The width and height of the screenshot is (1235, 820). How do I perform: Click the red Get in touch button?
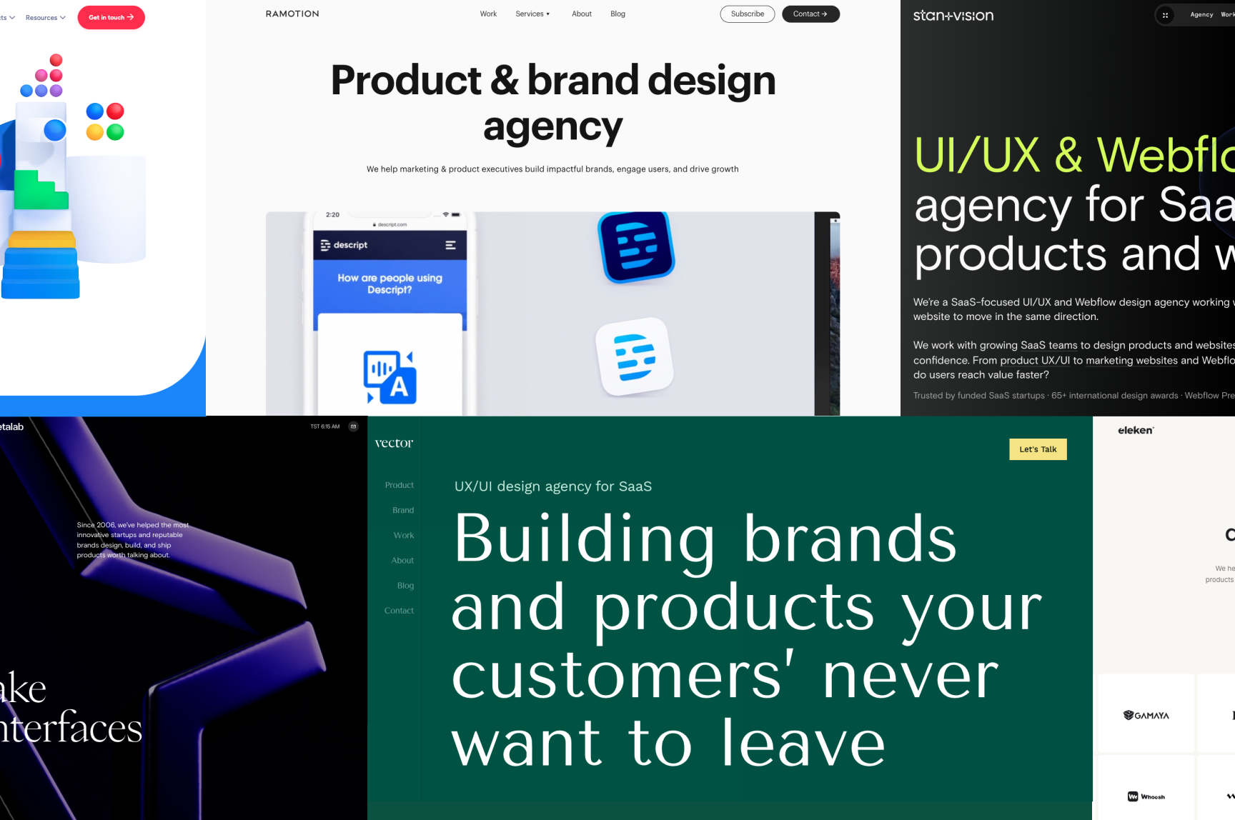[x=111, y=17]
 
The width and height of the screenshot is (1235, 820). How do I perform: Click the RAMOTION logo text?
[x=292, y=14]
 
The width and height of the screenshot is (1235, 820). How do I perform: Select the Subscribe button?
[x=747, y=14]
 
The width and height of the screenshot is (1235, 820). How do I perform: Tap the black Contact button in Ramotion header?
[x=810, y=14]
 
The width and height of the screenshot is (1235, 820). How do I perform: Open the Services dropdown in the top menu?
[x=532, y=14]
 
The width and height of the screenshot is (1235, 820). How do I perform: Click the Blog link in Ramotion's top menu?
[x=617, y=14]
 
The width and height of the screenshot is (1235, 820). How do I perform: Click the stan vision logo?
[x=953, y=16]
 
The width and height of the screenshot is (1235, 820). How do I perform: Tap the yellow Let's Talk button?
[x=1037, y=449]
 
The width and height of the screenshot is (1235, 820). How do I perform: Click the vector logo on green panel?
[x=394, y=443]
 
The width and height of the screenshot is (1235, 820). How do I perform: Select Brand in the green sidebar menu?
[x=403, y=510]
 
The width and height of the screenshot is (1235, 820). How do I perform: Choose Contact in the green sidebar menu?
[x=399, y=611]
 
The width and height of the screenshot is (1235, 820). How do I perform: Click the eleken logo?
[x=1136, y=430]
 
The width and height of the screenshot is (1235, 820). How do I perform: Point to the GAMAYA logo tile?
[x=1146, y=715]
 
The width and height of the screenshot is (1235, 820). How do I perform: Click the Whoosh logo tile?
[x=1146, y=796]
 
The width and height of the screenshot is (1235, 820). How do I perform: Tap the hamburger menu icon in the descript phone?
[x=450, y=245]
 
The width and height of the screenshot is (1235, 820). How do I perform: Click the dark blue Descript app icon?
[x=636, y=246]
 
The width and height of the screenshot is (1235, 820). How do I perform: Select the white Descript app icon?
[x=635, y=356]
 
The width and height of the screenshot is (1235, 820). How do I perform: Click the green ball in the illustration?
[x=115, y=132]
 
